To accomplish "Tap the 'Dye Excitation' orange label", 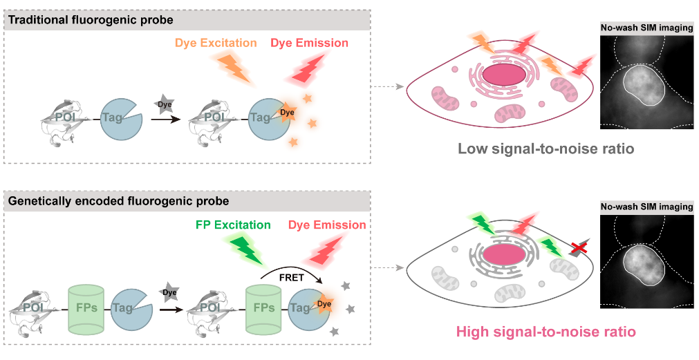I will tap(215, 43).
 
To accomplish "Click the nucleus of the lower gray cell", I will tap(503, 254).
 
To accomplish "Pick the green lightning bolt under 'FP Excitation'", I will tap(245, 250).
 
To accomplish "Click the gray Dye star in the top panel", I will tap(166, 105).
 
